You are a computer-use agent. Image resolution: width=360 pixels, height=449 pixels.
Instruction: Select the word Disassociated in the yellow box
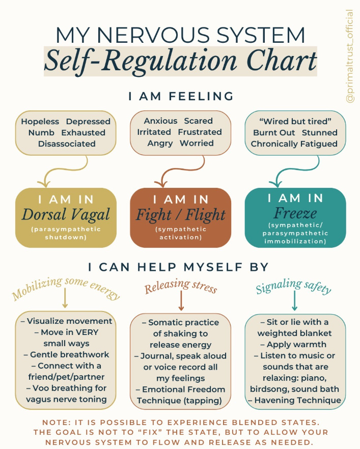67,144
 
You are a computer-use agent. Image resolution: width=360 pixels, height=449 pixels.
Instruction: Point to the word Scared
199,121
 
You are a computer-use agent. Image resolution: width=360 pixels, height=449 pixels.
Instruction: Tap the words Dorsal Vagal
66,214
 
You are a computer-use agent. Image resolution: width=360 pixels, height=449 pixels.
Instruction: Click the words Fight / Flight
181,215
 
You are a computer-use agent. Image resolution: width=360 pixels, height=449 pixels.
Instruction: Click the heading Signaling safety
293,288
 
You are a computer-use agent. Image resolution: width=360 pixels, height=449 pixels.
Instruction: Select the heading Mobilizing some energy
66,288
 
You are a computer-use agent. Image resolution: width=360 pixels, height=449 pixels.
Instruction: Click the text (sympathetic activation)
181,233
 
